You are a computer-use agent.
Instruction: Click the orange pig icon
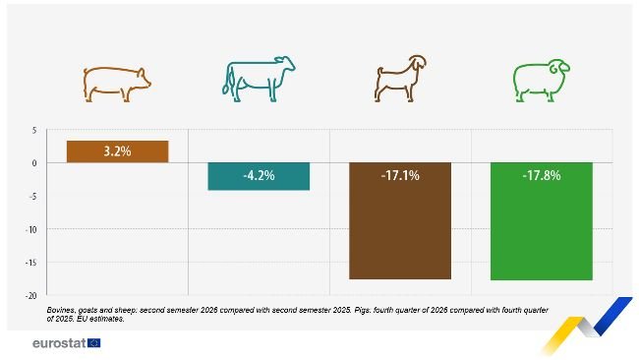point(117,83)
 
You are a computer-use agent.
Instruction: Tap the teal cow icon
point(259,81)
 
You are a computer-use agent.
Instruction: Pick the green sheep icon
point(541,83)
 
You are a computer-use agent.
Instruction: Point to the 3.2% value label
point(117,151)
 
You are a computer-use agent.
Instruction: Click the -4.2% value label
point(259,176)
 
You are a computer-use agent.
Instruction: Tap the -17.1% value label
point(400,176)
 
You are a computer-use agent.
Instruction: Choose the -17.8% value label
point(541,176)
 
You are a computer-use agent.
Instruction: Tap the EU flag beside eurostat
point(93,343)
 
